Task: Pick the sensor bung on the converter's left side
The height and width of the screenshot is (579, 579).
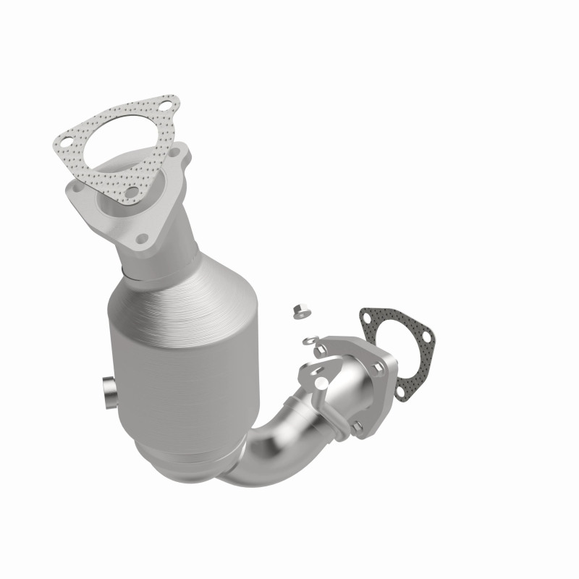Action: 106,392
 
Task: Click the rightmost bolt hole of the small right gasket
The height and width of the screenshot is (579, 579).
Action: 426,336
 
